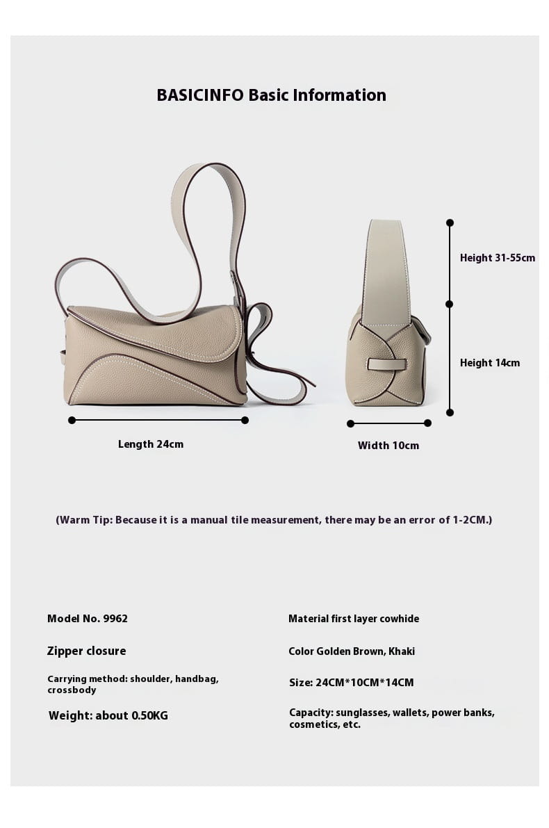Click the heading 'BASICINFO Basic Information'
tap(271, 95)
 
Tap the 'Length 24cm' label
tap(151, 444)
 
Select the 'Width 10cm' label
tap(388, 446)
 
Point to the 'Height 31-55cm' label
tap(498, 258)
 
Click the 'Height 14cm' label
tap(490, 363)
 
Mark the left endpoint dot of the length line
tap(72, 420)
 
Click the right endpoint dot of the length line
tap(245, 420)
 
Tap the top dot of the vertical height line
tap(450, 222)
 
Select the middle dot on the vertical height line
tap(450, 304)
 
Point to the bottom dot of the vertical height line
tap(450, 412)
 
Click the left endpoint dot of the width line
tap(350, 423)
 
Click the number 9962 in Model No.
tap(115, 619)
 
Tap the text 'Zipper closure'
tap(87, 651)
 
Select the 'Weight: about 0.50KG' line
tap(108, 715)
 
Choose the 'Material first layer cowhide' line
tap(354, 619)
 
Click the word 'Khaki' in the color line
tap(402, 651)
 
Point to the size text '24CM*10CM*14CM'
tap(365, 683)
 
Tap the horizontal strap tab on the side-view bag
tap(386, 364)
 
